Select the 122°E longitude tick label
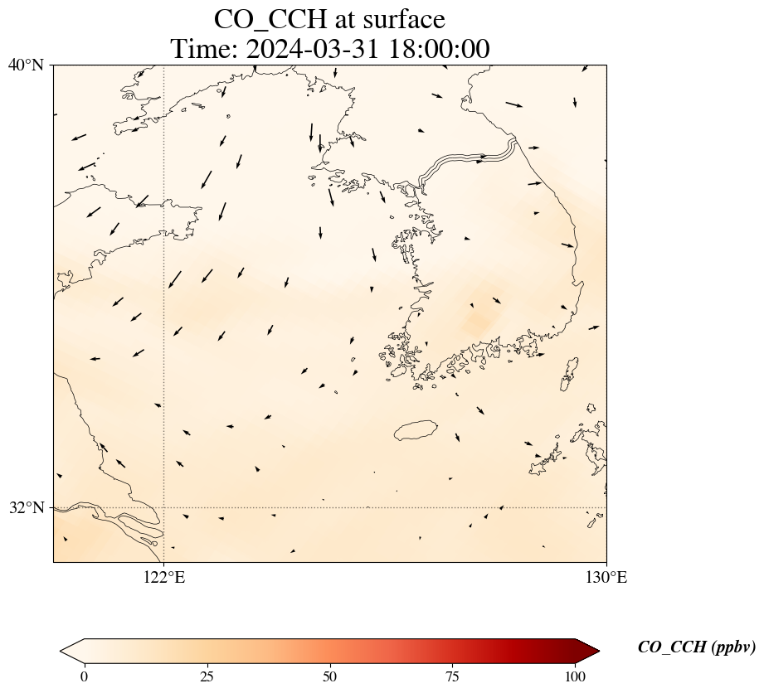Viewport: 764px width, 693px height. [x=164, y=578]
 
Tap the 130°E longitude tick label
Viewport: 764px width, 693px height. [x=606, y=578]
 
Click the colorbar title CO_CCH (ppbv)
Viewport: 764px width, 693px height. [x=696, y=647]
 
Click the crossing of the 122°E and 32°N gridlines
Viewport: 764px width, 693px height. [x=164, y=507]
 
